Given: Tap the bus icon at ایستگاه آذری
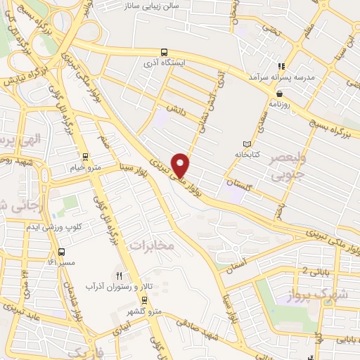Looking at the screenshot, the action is (x=164, y=52).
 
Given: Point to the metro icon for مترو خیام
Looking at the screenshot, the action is (x=85, y=157).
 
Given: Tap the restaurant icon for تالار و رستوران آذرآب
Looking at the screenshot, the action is (x=119, y=276).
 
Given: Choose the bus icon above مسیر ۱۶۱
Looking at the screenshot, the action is (x=61, y=252).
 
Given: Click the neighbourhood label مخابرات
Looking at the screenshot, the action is (x=151, y=245).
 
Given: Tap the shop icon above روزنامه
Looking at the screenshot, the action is (x=280, y=93).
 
